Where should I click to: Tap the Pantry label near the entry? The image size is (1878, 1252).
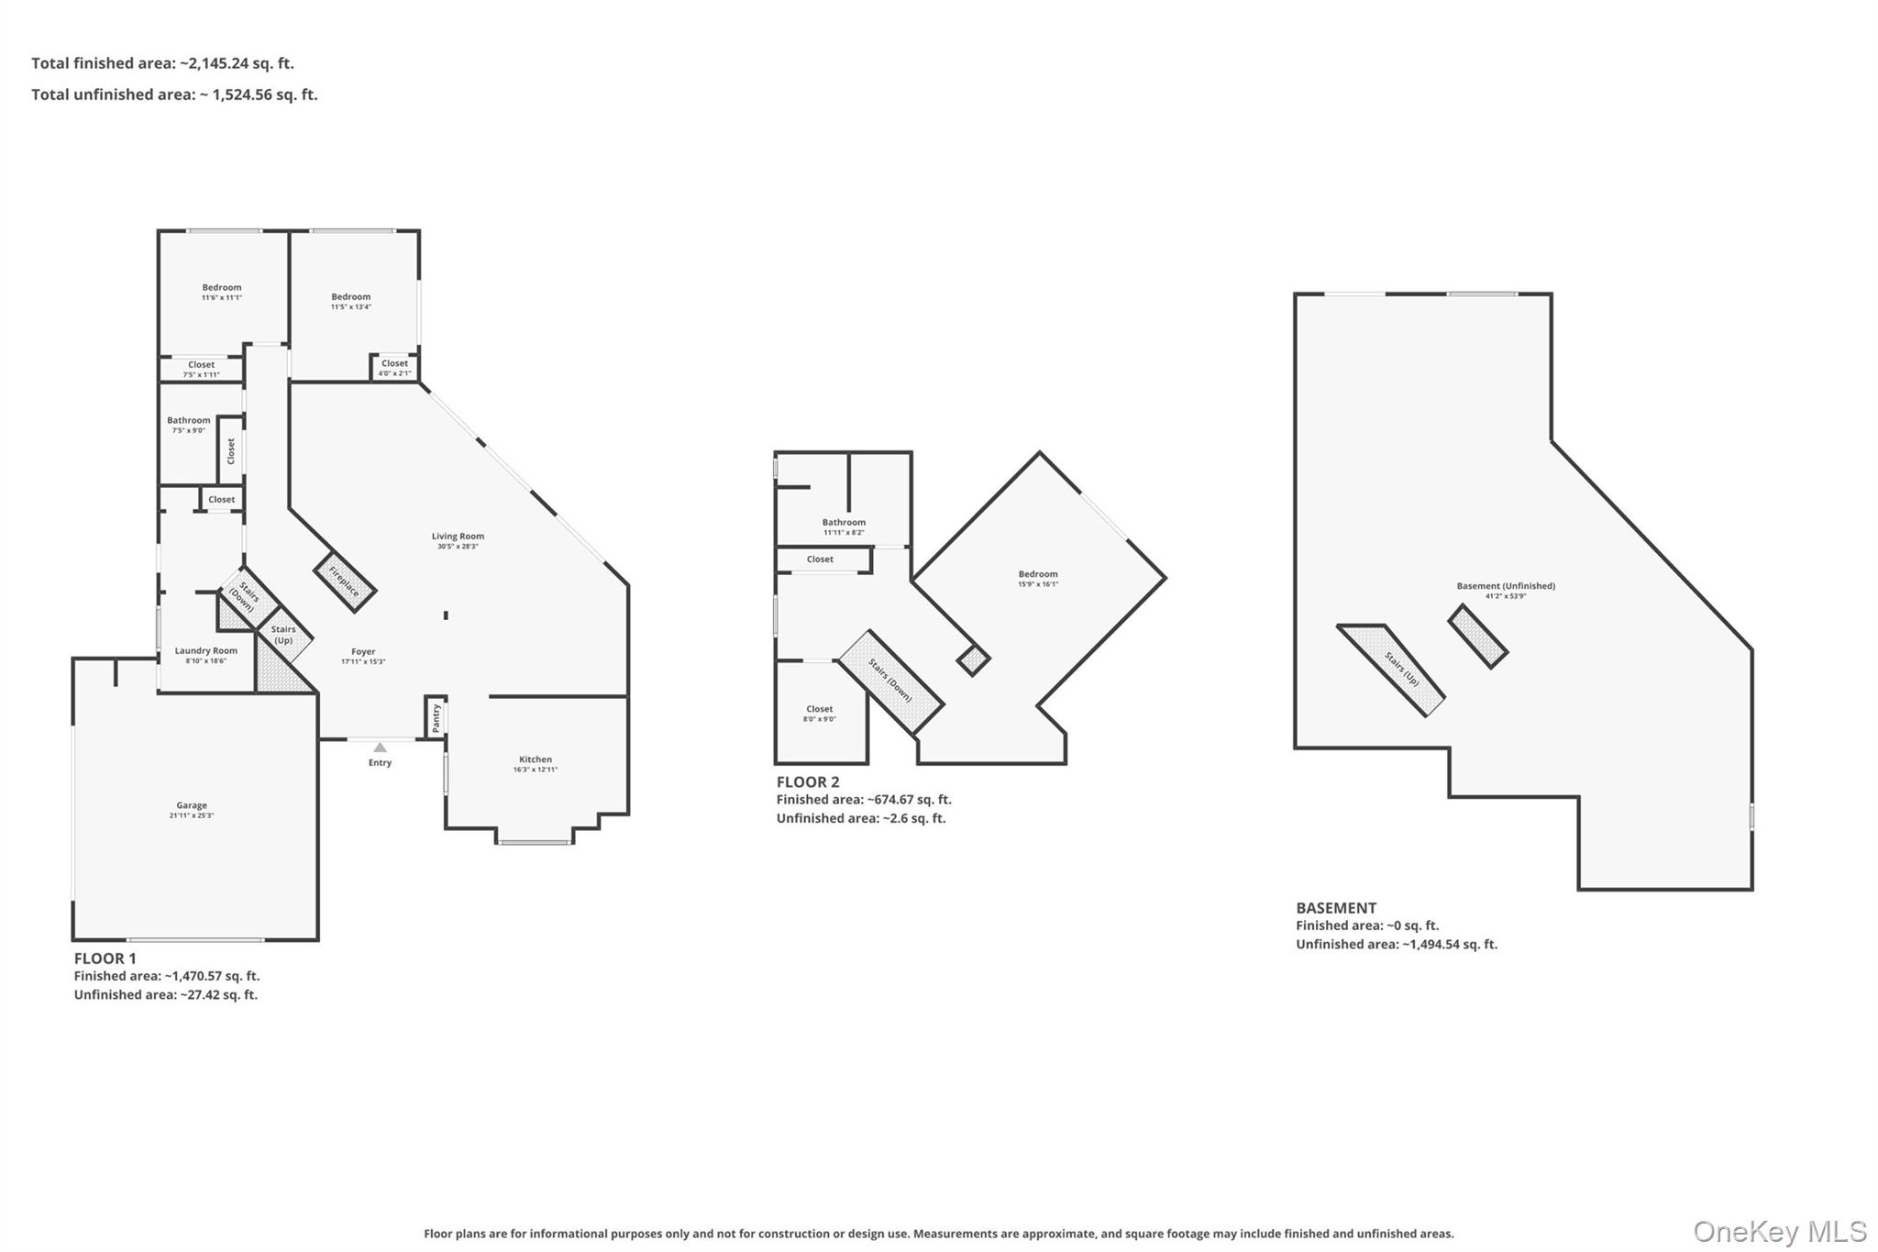coord(436,716)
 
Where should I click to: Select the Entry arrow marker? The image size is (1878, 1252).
coord(380,748)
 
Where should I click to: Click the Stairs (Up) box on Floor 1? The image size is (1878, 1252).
coord(285,635)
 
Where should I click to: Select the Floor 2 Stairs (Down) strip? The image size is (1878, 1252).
coord(890,681)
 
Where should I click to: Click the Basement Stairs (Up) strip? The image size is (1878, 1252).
coord(1400,670)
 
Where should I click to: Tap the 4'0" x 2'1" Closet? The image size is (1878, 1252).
coord(394,367)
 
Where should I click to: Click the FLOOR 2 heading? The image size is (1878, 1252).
coord(808,781)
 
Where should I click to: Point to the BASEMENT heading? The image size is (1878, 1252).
coord(1336,907)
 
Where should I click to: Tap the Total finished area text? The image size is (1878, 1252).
coord(162,63)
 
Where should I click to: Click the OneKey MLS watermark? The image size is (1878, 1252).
coord(1779,1231)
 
